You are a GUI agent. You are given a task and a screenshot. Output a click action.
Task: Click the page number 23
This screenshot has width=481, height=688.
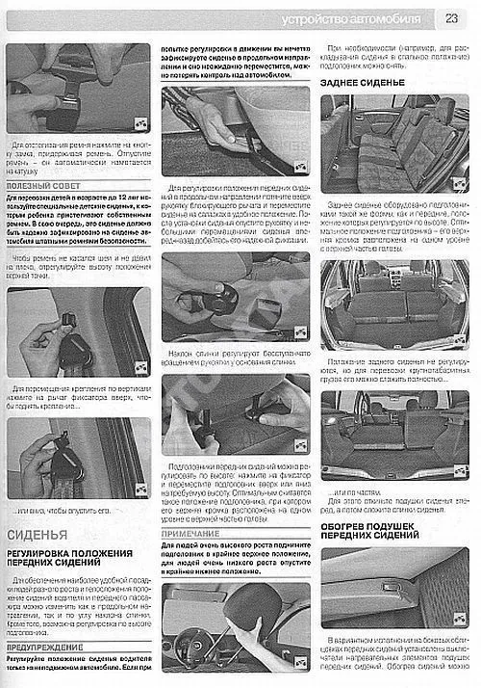450,17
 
